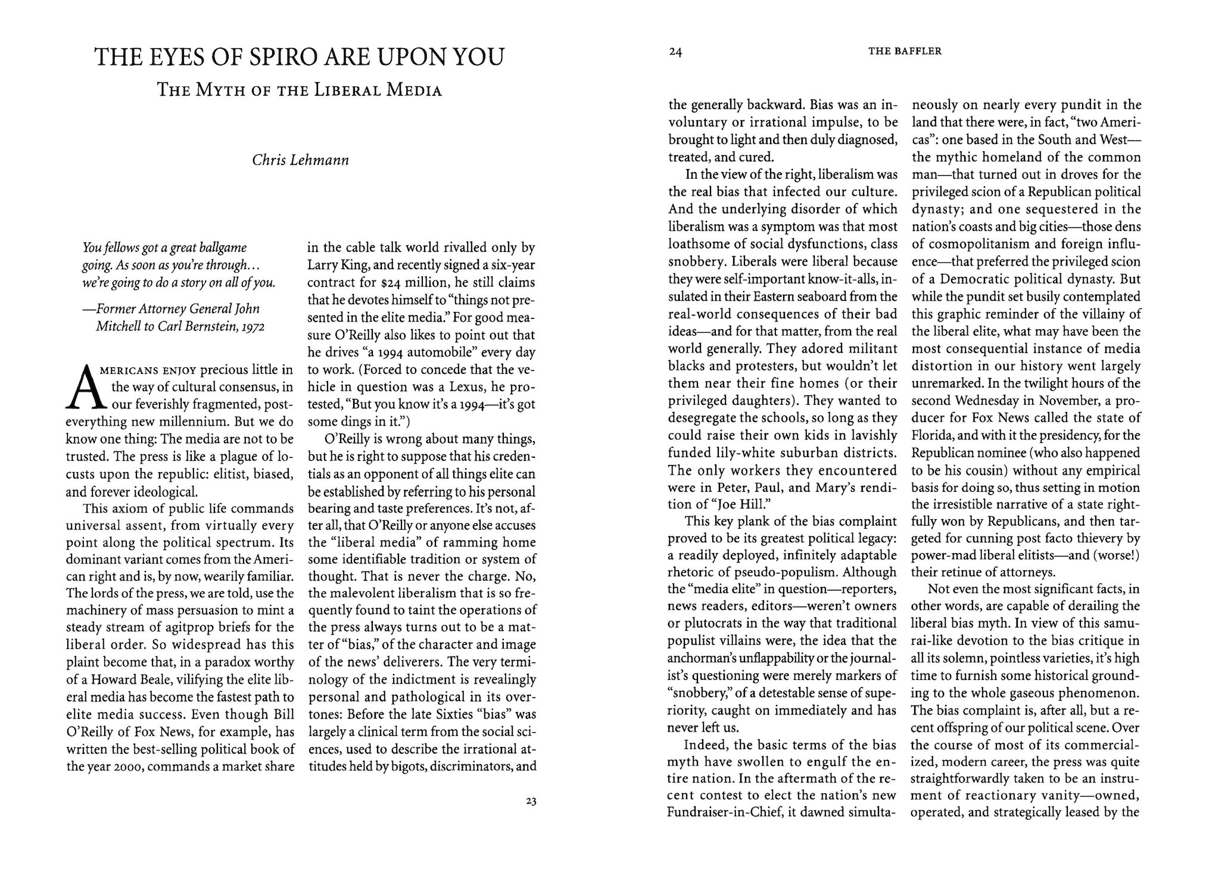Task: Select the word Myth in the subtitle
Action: (x=225, y=90)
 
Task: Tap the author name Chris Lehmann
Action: (x=300, y=160)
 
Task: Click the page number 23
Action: (x=531, y=801)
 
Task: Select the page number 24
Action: (x=675, y=52)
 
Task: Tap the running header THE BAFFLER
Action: (x=905, y=51)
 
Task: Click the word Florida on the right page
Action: (x=931, y=435)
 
